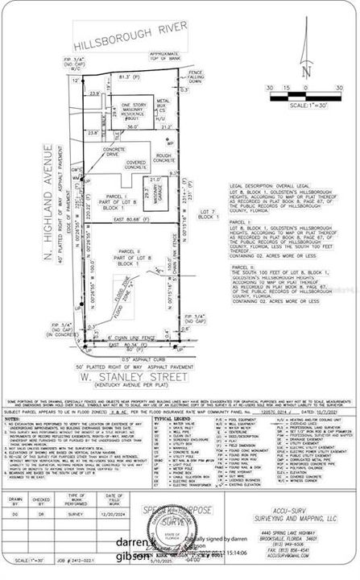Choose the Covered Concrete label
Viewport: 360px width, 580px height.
(138, 165)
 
